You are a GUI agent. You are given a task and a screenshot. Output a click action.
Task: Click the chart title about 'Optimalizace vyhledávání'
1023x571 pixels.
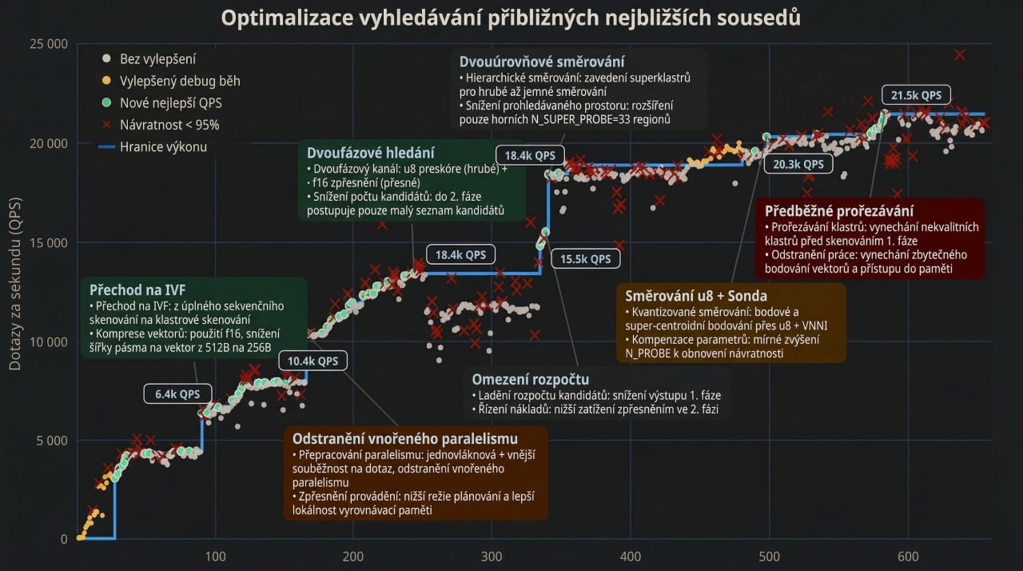pyautogui.click(x=511, y=18)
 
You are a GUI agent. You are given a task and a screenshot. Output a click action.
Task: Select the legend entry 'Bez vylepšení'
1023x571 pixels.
pyautogui.click(x=157, y=59)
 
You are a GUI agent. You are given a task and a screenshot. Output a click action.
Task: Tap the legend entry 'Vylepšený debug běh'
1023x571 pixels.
pyautogui.click(x=180, y=81)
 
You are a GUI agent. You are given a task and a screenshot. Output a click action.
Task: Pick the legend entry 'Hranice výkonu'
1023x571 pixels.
pyautogui.click(x=163, y=146)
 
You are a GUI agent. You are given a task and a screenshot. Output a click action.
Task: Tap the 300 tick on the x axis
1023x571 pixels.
pyautogui.click(x=492, y=557)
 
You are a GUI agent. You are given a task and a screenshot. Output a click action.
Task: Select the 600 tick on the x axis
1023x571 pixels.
pyautogui.click(x=908, y=557)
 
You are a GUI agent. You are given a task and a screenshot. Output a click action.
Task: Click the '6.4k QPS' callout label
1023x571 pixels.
pyautogui.click(x=177, y=393)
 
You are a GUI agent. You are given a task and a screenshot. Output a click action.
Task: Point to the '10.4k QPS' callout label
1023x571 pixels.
pyautogui.click(x=313, y=361)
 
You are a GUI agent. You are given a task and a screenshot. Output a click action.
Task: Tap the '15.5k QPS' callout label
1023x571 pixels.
pyautogui.click(x=585, y=258)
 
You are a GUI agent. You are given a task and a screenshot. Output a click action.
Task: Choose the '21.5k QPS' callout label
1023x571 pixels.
pyautogui.click(x=916, y=95)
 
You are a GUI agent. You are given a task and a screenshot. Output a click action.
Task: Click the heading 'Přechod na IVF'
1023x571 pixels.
pyautogui.click(x=137, y=289)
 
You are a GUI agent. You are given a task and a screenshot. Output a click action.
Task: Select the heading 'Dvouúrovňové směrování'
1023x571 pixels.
pyautogui.click(x=542, y=62)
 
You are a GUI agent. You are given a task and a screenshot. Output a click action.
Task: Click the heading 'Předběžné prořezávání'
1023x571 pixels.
pyautogui.click(x=839, y=211)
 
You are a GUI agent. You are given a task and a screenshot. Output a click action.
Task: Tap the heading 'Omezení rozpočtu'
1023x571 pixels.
pyautogui.click(x=530, y=379)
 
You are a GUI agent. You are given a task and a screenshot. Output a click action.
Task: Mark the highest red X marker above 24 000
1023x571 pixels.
pyautogui.click(x=959, y=54)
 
